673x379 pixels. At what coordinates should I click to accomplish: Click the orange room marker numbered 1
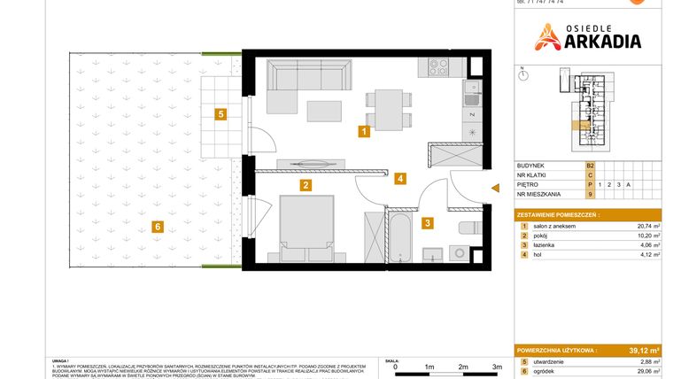point(363,132)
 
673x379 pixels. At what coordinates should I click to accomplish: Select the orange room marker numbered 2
point(305,185)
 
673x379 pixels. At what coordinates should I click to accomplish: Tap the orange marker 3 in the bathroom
point(427,224)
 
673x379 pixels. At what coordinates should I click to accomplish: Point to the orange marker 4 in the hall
point(401,178)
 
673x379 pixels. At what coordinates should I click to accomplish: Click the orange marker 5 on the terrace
point(220,113)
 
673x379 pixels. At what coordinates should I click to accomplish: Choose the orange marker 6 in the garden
point(157,227)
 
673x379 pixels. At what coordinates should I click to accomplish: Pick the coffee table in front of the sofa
point(324,111)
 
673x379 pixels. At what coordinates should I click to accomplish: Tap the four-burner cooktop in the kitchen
point(439,65)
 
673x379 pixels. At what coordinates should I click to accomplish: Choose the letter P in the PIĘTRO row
point(589,183)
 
